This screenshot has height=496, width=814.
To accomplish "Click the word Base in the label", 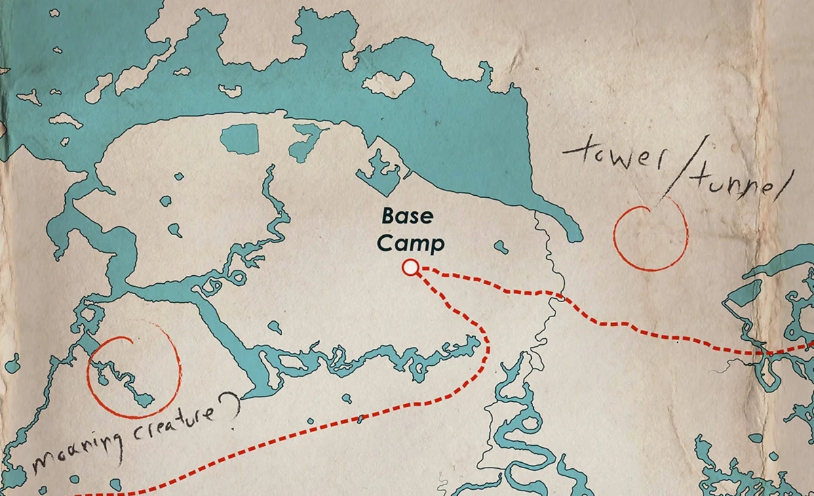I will [405, 218].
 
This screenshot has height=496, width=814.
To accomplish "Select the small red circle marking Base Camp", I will [410, 268].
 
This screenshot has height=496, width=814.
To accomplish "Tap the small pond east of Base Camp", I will [501, 246].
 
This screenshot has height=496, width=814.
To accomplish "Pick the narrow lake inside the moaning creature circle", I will [125, 379].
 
